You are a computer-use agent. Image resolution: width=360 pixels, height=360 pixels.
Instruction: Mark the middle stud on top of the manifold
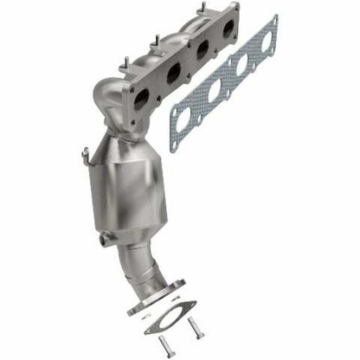(156, 40)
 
